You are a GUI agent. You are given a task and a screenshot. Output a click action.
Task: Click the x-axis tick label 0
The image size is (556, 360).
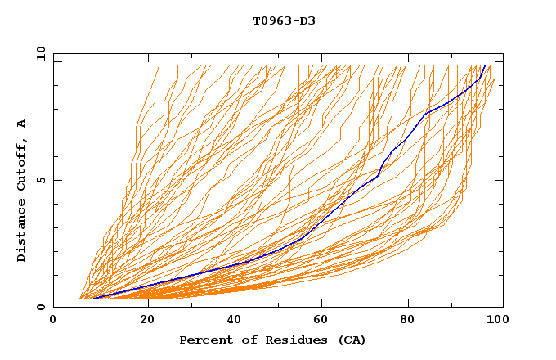tap(53, 321)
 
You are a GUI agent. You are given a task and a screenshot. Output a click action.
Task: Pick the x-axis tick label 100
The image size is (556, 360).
tap(495, 321)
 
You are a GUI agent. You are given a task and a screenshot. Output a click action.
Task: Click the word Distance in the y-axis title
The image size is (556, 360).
tap(22, 230)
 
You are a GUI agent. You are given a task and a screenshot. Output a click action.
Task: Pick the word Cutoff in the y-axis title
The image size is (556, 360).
tap(22, 164)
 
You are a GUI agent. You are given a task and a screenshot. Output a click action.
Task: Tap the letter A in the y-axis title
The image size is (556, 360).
tap(22, 123)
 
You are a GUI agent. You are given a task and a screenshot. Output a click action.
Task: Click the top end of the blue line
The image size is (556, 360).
tap(485, 66)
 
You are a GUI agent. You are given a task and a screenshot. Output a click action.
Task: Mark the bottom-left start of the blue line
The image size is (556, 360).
tap(93, 298)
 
